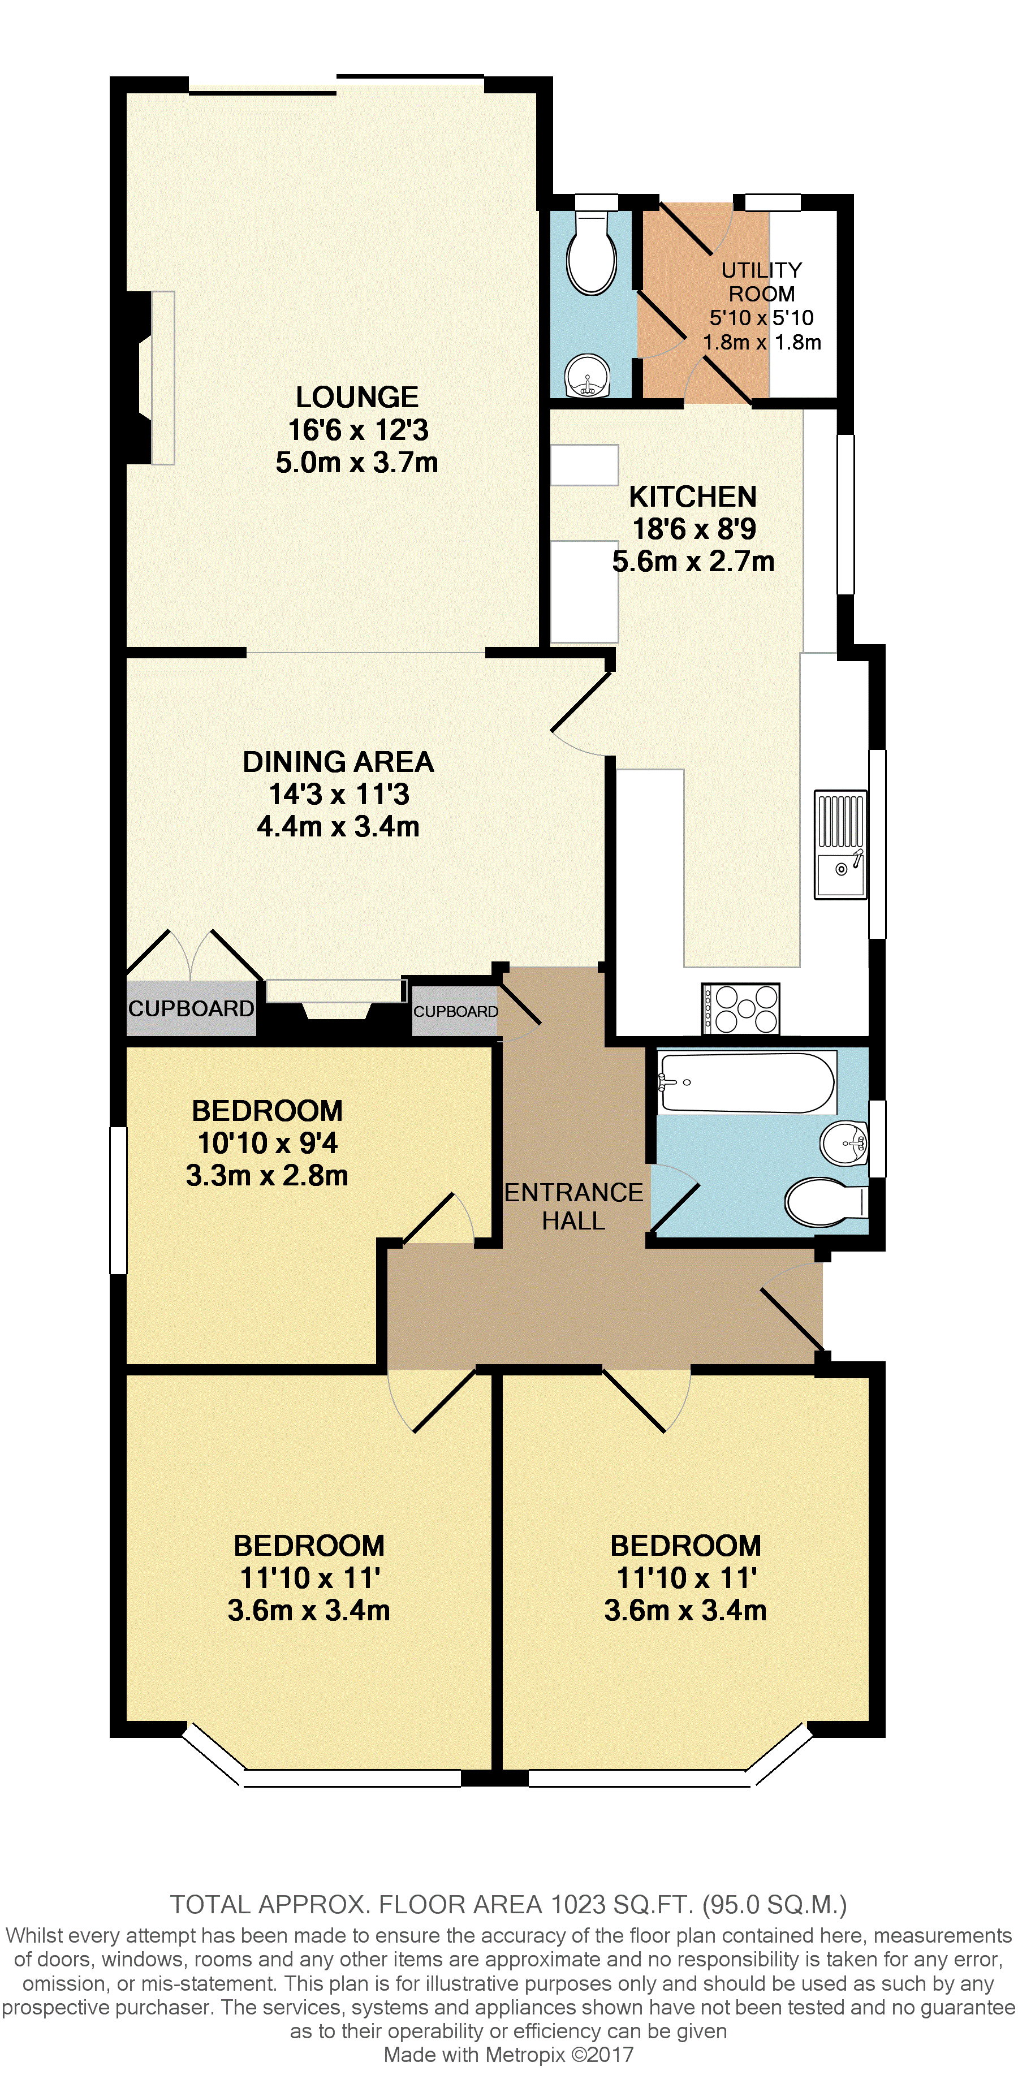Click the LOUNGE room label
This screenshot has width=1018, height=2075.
click(357, 397)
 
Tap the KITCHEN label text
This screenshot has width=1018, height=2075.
click(693, 496)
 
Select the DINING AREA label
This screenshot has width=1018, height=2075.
click(338, 761)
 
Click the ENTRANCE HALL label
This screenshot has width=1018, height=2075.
click(573, 1206)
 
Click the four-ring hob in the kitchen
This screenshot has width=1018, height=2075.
click(741, 1008)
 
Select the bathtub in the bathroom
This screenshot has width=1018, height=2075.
click(747, 1082)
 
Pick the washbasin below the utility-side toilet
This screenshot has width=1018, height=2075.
click(589, 376)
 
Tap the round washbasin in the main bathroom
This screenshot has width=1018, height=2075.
click(844, 1141)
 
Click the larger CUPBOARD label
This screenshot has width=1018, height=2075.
click(191, 1008)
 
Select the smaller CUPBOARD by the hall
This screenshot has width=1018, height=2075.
click(456, 1012)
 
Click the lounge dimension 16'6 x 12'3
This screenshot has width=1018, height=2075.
click(357, 430)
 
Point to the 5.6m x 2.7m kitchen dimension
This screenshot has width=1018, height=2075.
click(693, 562)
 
